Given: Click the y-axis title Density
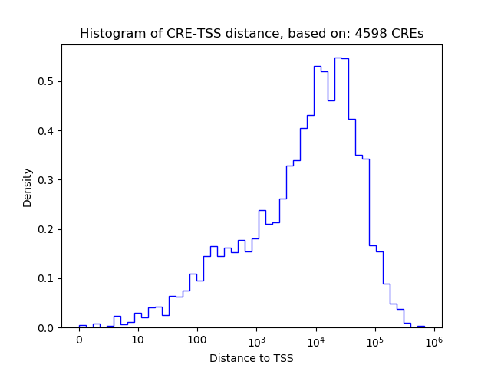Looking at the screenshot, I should point(28,187).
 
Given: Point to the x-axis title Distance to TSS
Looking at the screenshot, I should point(251,358).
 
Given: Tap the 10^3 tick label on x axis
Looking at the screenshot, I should point(256,340).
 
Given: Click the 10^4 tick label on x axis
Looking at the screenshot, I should point(316,340).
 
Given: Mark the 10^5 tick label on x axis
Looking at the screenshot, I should point(375,340).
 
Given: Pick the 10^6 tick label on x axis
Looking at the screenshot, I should point(434,340).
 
